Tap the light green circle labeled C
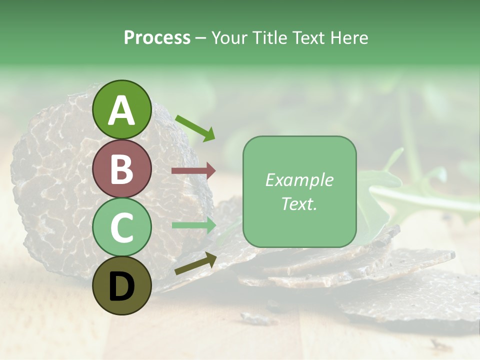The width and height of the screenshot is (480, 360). pyautogui.click(x=121, y=227)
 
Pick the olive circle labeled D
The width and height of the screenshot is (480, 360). pyautogui.click(x=121, y=285)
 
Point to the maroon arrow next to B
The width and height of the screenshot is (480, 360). pyautogui.click(x=193, y=171)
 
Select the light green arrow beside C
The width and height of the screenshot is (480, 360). pyautogui.click(x=193, y=225)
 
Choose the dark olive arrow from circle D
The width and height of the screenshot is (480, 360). pyautogui.click(x=195, y=263)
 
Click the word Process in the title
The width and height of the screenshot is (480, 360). pyautogui.click(x=157, y=37)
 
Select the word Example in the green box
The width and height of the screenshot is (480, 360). pyautogui.click(x=299, y=180)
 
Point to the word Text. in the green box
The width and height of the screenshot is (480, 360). pyautogui.click(x=299, y=204)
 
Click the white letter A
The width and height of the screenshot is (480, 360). pyautogui.click(x=121, y=111)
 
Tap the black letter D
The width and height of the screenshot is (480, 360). pyautogui.click(x=121, y=286)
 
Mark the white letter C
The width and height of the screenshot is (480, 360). pyautogui.click(x=121, y=228)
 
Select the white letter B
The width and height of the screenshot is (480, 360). pyautogui.click(x=121, y=169)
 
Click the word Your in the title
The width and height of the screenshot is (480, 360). pyautogui.click(x=228, y=37)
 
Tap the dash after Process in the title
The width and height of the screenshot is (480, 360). pyautogui.click(x=200, y=38)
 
